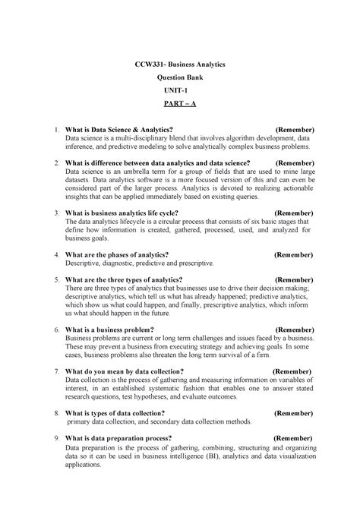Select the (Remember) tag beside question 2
click(x=292, y=162)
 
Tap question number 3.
click(x=57, y=214)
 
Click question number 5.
click(x=57, y=280)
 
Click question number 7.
click(x=57, y=371)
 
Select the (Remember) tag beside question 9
click(x=292, y=438)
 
